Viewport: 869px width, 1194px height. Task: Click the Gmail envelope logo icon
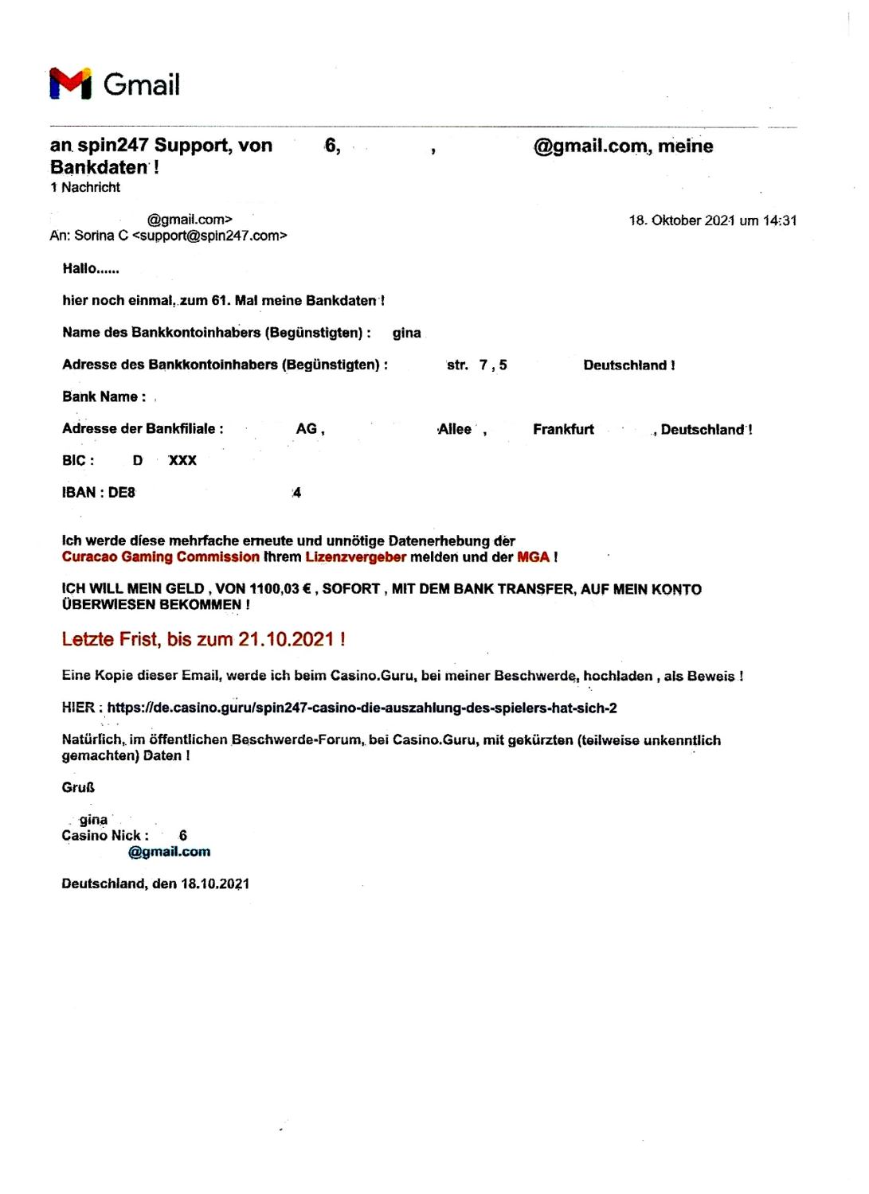tap(70, 83)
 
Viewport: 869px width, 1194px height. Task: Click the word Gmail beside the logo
tap(142, 84)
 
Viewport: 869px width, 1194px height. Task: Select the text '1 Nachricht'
tap(85, 187)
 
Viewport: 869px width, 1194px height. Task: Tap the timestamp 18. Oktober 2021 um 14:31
tap(712, 220)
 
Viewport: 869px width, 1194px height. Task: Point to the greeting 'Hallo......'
tap(91, 268)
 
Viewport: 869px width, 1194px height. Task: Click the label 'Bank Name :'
tap(104, 396)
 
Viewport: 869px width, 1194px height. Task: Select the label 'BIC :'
tap(78, 460)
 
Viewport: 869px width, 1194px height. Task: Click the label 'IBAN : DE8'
tap(99, 493)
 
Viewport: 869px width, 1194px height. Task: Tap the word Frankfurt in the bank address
tap(563, 429)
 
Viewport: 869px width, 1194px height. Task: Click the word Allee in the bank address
tap(455, 429)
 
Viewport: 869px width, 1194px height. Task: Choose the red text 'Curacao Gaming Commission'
tap(161, 557)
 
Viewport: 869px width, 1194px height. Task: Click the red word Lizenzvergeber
tap(355, 557)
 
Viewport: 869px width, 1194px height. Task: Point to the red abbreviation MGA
tap(533, 557)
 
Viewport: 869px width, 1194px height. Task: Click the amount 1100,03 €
tap(280, 589)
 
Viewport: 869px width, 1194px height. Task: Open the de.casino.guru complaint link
tap(362, 708)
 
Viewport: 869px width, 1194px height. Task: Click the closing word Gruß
tap(78, 787)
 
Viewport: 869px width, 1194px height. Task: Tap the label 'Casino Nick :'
tap(105, 835)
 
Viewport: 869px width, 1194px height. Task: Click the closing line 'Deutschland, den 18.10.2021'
tap(155, 884)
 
